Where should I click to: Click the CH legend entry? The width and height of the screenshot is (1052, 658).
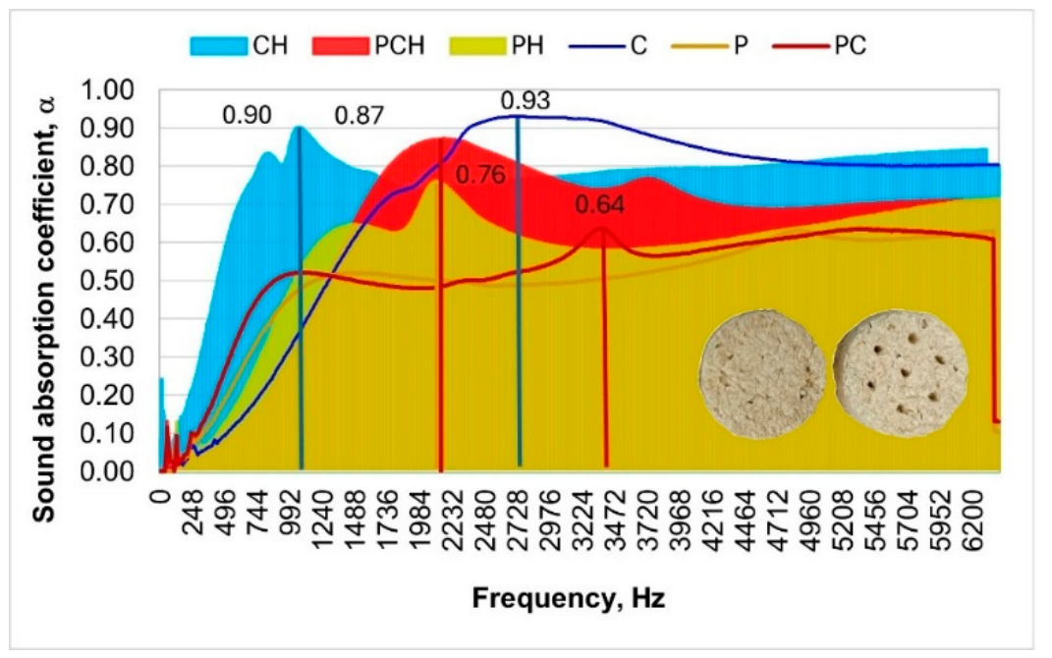[240, 45]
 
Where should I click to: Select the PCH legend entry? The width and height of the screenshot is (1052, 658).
[369, 45]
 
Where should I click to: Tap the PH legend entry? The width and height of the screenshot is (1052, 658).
[497, 45]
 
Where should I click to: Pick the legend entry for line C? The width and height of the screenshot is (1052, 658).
[608, 45]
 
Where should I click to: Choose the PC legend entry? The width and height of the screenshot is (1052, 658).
[820, 45]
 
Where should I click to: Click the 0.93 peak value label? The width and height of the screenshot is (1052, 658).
[526, 100]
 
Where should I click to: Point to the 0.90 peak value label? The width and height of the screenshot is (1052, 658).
[247, 115]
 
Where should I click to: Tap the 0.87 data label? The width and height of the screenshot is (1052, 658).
[360, 116]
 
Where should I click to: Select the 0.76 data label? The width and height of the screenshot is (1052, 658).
[480, 175]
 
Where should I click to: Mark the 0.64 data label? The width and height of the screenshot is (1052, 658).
[600, 204]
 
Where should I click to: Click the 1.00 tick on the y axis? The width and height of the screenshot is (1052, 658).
[107, 90]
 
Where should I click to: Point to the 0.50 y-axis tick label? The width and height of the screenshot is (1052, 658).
[107, 280]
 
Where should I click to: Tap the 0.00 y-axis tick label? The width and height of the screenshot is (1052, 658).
[107, 470]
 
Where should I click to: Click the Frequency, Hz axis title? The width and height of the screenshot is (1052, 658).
[569, 598]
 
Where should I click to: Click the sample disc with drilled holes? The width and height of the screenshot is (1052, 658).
[901, 373]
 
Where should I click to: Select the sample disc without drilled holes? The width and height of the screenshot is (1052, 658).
[762, 374]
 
